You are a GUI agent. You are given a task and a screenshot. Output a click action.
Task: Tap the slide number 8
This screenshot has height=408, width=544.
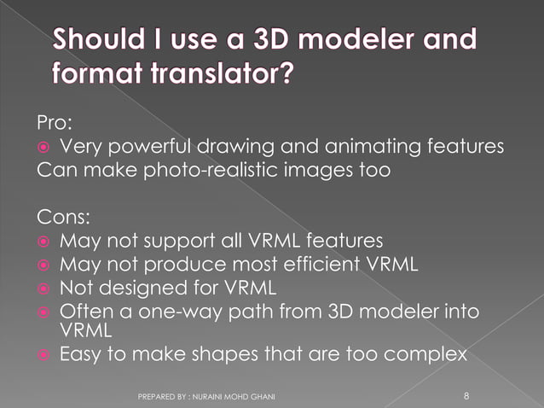point(466,395)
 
